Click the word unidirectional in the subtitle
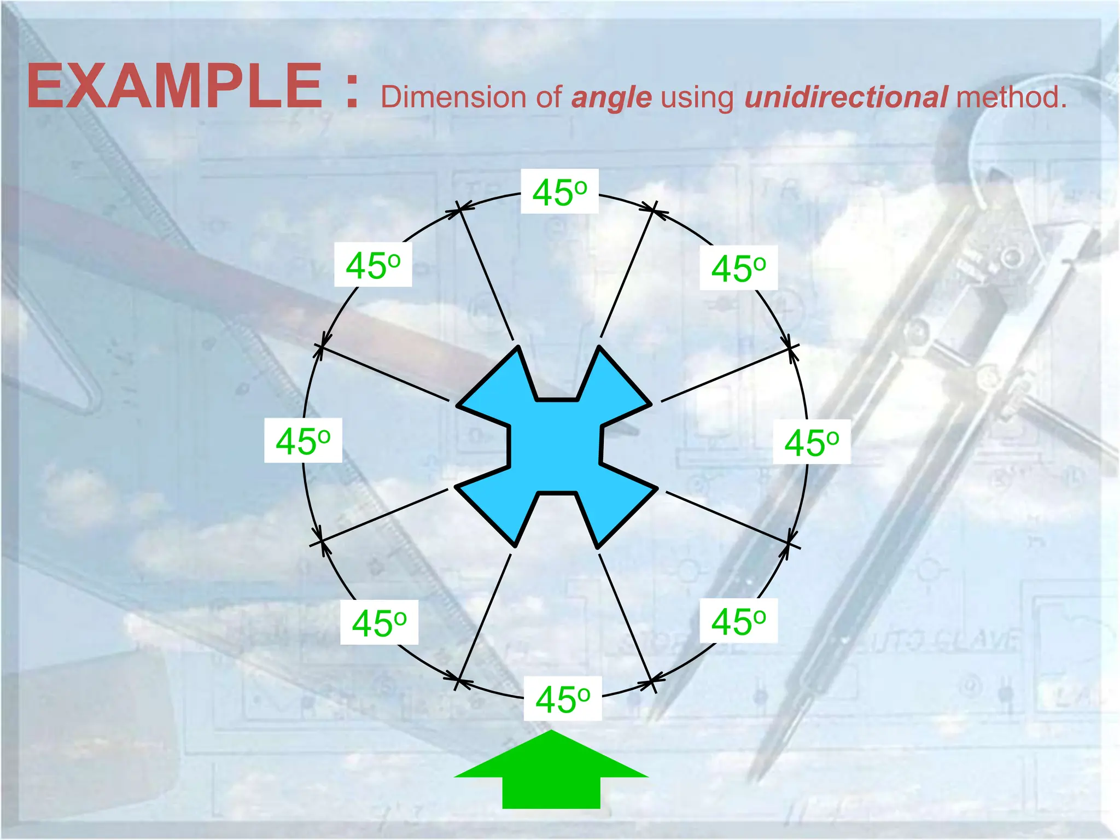[x=845, y=97]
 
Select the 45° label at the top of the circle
[x=559, y=192]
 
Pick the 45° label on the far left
[x=303, y=441]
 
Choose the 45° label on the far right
[x=811, y=442]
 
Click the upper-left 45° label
[x=372, y=265]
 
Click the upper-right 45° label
[x=738, y=269]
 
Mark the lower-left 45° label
[x=379, y=622]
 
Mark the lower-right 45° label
[x=738, y=621]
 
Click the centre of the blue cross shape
[x=555, y=446]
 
